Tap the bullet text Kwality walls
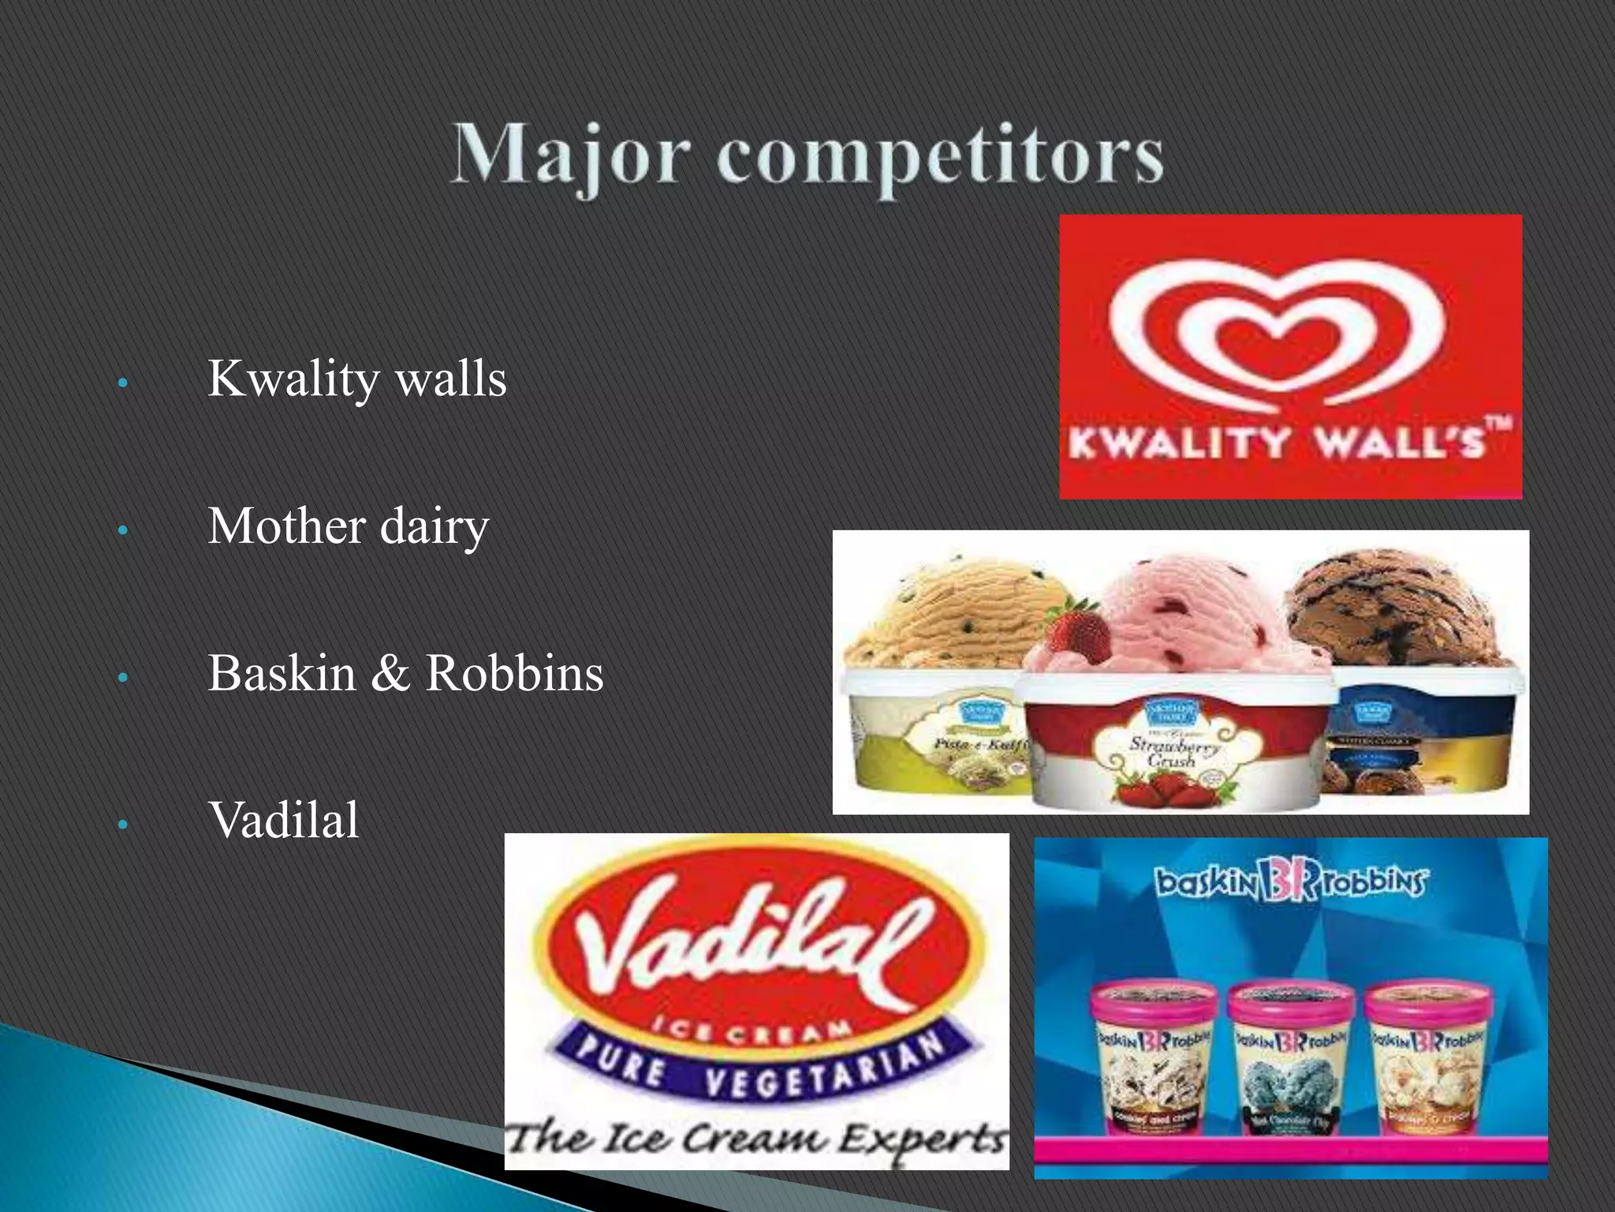click(x=356, y=379)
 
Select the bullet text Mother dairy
click(x=348, y=526)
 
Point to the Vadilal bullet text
click(x=284, y=821)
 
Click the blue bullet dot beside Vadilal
click(x=122, y=825)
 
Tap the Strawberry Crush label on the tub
click(x=1173, y=750)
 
